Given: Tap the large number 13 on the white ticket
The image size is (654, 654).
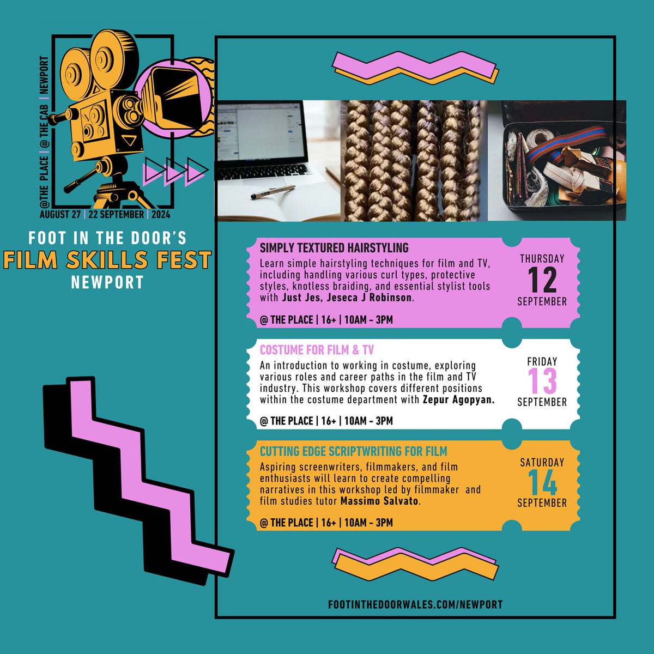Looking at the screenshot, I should pyautogui.click(x=542, y=381).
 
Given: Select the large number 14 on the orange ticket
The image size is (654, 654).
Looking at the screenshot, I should pyautogui.click(x=542, y=482).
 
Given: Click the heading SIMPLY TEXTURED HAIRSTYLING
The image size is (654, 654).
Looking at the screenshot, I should pyautogui.click(x=334, y=248).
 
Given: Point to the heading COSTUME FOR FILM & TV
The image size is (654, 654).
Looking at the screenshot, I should pyautogui.click(x=317, y=350).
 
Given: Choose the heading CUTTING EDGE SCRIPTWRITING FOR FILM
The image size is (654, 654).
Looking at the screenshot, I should pyautogui.click(x=353, y=451).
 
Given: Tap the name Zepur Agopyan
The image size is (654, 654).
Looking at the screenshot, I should pyautogui.click(x=458, y=399).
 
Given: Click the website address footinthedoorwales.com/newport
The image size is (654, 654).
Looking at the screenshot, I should pyautogui.click(x=415, y=604).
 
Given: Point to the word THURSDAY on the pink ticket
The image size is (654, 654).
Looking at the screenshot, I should pyautogui.click(x=542, y=259).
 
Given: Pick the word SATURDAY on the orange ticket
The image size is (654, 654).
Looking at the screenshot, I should pyautogui.click(x=542, y=462).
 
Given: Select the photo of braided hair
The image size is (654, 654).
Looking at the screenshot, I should pyautogui.click(x=414, y=161).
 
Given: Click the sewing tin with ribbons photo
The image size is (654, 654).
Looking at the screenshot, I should pyautogui.click(x=556, y=161).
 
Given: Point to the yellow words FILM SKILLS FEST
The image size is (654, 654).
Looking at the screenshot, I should pyautogui.click(x=107, y=260).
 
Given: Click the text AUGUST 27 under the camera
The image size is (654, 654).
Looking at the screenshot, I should pyautogui.click(x=60, y=214).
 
